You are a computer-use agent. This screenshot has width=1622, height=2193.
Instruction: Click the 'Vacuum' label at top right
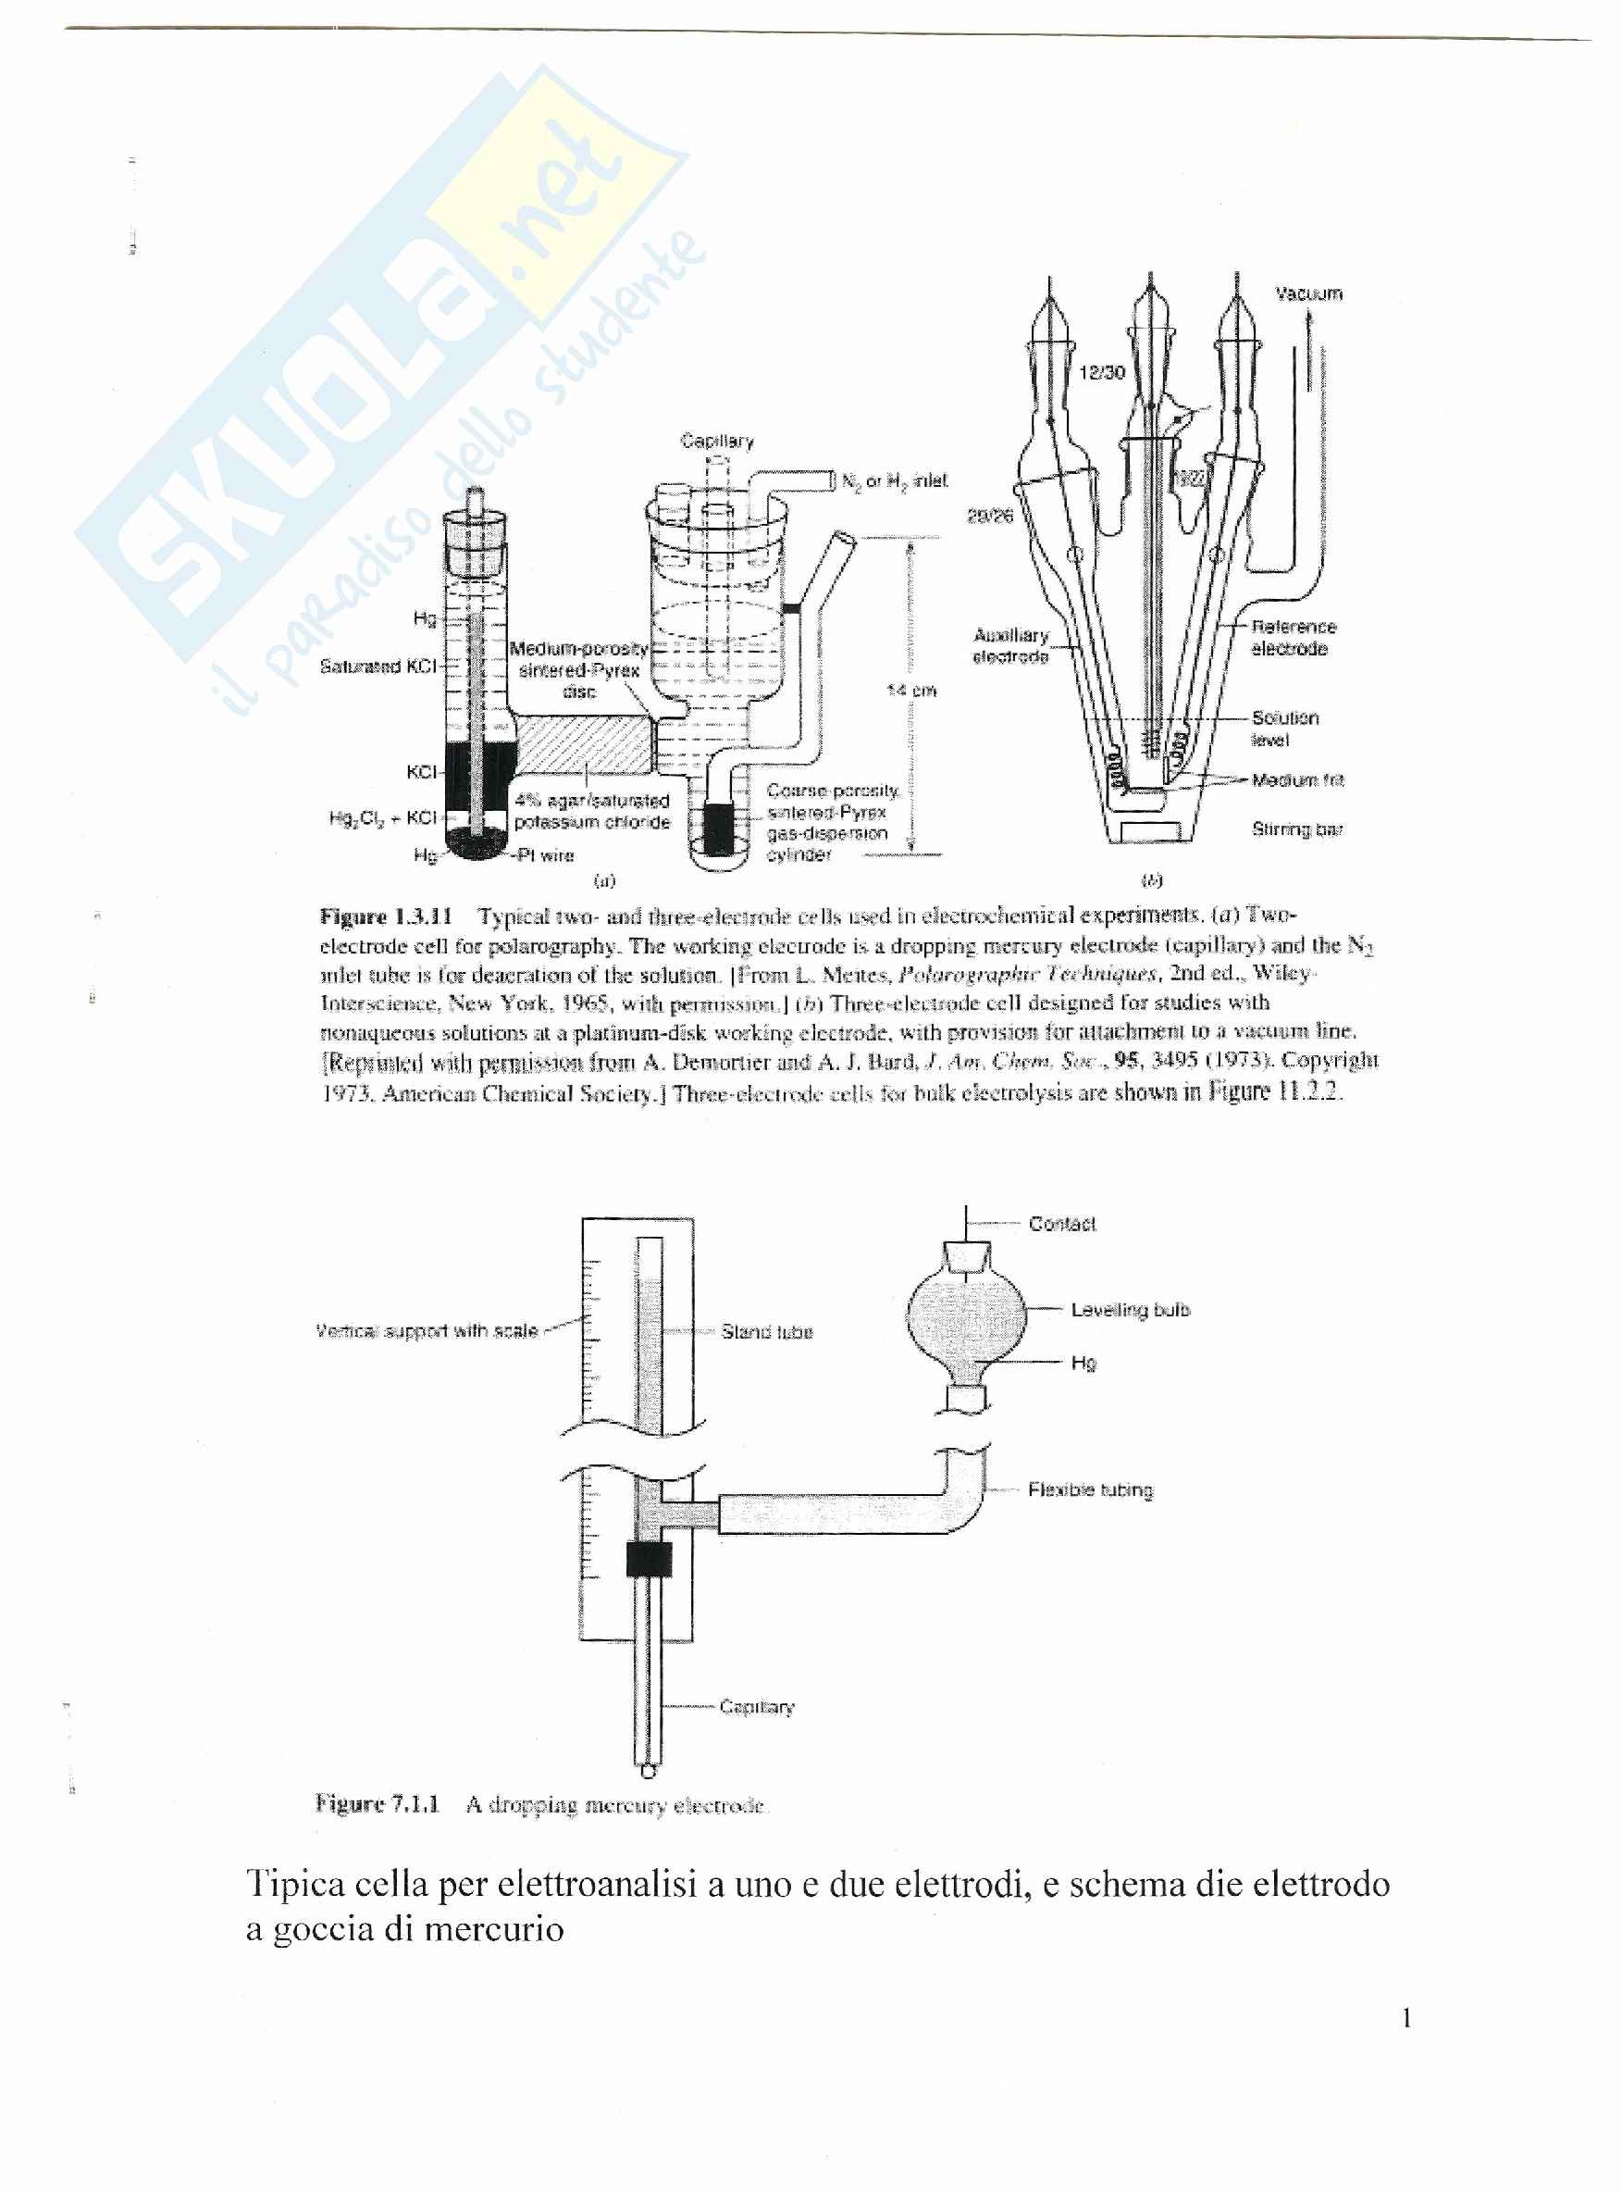pos(1307,293)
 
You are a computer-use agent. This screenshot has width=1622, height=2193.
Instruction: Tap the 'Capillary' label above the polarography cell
pos(717,441)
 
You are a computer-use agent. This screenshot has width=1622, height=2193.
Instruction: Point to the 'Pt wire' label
pos(545,854)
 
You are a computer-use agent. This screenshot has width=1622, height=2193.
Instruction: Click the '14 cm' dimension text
pos(911,691)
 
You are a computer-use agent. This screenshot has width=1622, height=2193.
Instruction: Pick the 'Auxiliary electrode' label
pos(1010,645)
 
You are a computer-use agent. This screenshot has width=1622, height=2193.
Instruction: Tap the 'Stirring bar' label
pos(1297,829)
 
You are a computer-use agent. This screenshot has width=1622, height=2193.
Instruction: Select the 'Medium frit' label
pos(1297,779)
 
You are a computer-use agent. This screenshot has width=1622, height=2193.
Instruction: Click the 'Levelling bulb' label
pos(1130,1309)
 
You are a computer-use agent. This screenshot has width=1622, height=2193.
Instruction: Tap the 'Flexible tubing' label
pos(1090,1489)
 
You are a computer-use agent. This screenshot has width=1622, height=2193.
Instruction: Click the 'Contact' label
pos(1061,1224)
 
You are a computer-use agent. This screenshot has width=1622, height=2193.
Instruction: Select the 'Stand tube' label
pos(767,1332)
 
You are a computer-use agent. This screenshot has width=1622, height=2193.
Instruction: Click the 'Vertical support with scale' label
pos(427,1331)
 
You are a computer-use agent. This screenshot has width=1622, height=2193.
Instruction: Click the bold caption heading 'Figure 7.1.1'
pos(377,1803)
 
